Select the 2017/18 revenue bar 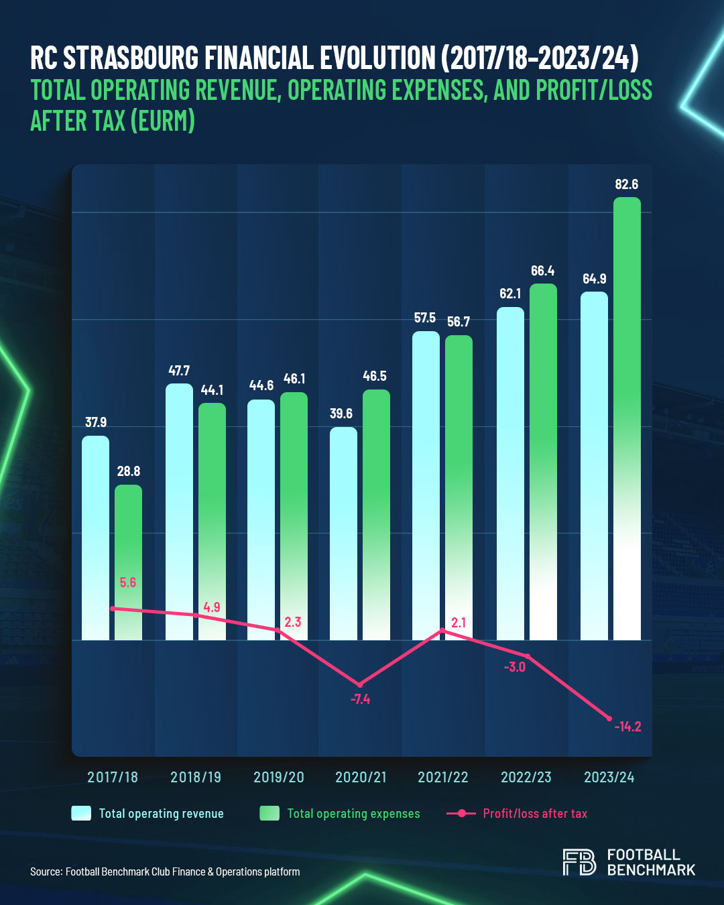pos(95,536)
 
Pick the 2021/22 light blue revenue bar pos(426,483)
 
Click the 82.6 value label pos(627,184)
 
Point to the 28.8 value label pos(128,471)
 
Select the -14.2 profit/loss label pos(627,727)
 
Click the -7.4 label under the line pos(360,699)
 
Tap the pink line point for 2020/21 pos(360,684)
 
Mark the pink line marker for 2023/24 pos(609,719)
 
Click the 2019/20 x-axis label pos(278,777)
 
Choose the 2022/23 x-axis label pos(526,777)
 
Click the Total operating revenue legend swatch pos(81,813)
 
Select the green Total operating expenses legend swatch pos(269,813)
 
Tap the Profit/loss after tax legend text pos(535,813)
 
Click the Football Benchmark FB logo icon pos(579,862)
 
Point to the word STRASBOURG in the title pos(131,58)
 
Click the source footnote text pos(165,871)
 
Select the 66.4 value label pos(542,271)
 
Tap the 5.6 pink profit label pos(128,583)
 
